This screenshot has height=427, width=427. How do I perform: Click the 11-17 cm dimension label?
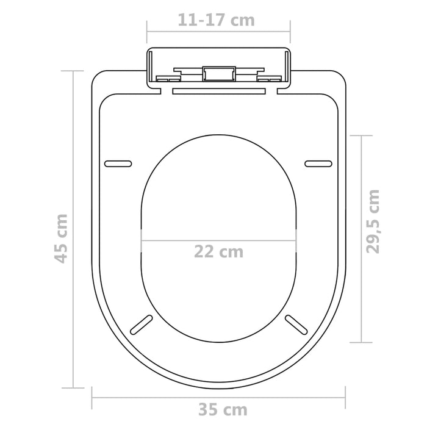click(x=216, y=20)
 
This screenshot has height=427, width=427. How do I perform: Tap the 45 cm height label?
click(x=60, y=238)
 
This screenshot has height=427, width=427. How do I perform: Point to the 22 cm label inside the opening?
click(x=218, y=251)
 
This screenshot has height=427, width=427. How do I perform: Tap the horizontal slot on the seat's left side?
click(x=118, y=163)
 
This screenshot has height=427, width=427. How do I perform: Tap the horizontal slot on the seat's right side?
click(x=318, y=163)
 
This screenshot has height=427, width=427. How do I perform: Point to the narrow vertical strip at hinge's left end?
click(x=149, y=68)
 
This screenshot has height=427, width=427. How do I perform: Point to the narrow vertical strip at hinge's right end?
click(x=288, y=68)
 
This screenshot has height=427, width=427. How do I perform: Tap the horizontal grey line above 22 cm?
click(x=218, y=239)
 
